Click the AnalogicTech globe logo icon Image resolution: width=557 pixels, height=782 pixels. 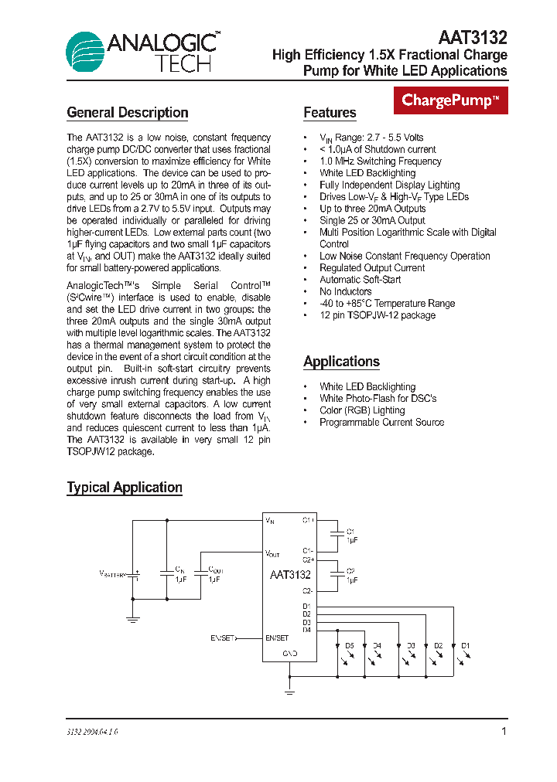(x=85, y=51)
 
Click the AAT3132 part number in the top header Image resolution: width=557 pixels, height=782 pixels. (x=473, y=37)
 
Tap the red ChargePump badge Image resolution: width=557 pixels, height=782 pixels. (x=452, y=100)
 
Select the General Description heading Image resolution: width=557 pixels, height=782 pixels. (x=128, y=113)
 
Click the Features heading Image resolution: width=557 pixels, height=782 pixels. (x=330, y=113)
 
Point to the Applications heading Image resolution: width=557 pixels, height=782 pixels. (x=341, y=362)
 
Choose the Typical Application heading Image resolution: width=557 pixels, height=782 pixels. (x=125, y=488)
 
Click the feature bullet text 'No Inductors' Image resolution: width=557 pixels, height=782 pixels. (x=345, y=291)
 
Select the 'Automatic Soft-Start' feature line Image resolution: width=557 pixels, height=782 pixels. (x=360, y=280)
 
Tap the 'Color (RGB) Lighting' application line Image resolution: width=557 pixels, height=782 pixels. (x=362, y=410)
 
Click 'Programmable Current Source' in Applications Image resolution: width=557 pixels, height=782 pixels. (x=381, y=422)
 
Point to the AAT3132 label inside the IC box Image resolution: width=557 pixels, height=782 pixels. (x=290, y=575)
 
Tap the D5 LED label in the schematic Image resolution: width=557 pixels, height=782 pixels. (x=350, y=645)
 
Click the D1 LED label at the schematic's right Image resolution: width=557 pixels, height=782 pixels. (x=466, y=645)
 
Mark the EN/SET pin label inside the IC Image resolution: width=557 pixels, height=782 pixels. (x=277, y=638)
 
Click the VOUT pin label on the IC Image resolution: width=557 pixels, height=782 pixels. (x=272, y=554)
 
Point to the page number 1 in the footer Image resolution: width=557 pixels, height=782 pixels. (x=504, y=731)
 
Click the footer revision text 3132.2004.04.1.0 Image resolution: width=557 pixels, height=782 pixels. (x=92, y=731)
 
